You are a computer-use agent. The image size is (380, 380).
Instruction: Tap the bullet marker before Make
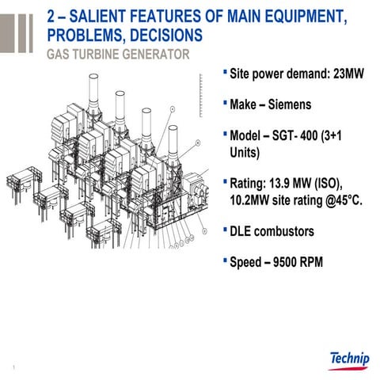point(225,104)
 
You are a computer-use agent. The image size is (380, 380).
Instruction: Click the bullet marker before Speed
point(225,261)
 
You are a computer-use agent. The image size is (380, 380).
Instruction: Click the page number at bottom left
point(16,367)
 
